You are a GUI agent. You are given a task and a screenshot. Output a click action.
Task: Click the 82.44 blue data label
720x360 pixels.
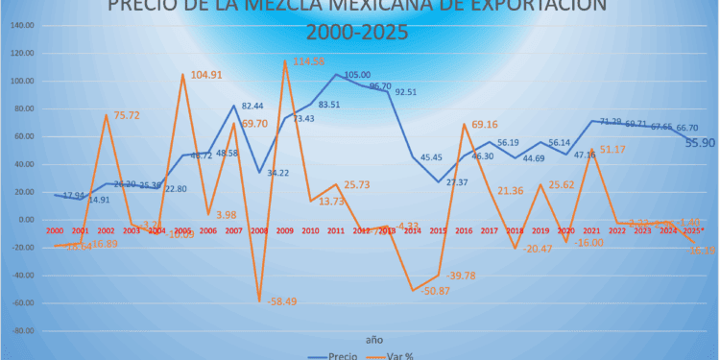253,106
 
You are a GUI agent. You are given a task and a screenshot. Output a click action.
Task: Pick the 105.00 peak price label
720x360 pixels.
357,75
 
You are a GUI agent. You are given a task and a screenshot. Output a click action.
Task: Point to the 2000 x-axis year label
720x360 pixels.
55,230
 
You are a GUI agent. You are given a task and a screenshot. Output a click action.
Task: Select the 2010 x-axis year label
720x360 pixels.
310,230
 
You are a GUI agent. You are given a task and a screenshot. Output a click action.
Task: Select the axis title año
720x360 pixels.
372,338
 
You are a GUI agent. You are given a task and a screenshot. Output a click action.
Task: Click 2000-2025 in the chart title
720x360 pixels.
357,32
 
